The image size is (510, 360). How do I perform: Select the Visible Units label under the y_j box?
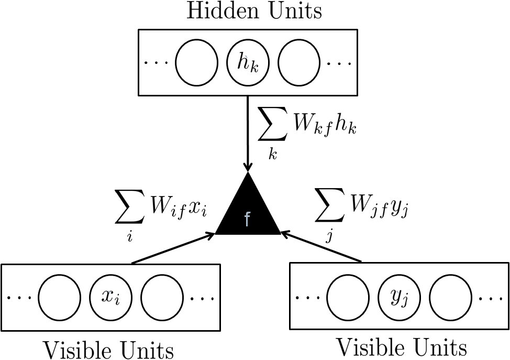click(x=401, y=347)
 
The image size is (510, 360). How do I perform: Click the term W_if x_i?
click(x=175, y=208)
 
